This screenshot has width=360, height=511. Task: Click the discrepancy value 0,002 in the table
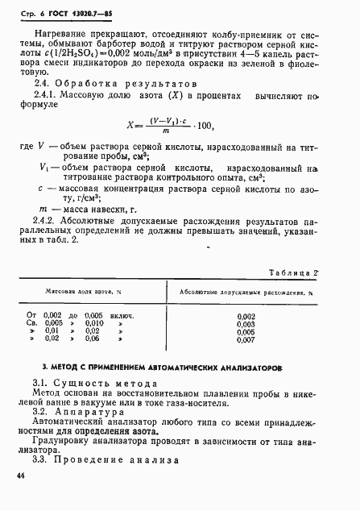point(246,314)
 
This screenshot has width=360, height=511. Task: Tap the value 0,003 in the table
point(246,323)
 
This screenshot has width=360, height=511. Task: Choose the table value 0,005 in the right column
point(246,332)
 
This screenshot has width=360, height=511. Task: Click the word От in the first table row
point(32,314)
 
